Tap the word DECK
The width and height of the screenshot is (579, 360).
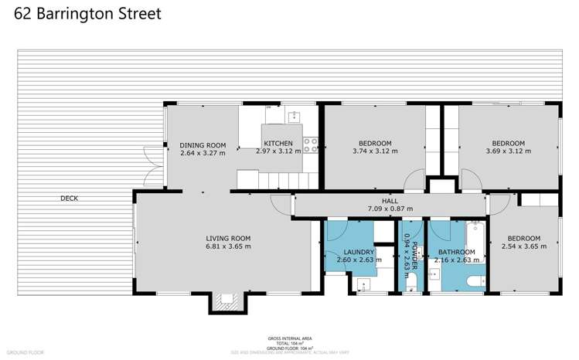click(x=69, y=199)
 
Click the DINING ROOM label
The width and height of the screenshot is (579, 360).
click(x=203, y=144)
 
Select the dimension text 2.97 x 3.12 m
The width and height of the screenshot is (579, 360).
click(x=279, y=153)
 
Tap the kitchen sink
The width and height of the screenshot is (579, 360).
click(x=294, y=117)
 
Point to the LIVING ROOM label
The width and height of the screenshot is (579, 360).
click(x=228, y=238)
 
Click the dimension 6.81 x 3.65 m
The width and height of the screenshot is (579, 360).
click(x=228, y=246)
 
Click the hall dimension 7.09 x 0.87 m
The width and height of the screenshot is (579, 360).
click(x=390, y=209)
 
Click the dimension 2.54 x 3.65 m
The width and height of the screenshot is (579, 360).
click(x=524, y=246)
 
